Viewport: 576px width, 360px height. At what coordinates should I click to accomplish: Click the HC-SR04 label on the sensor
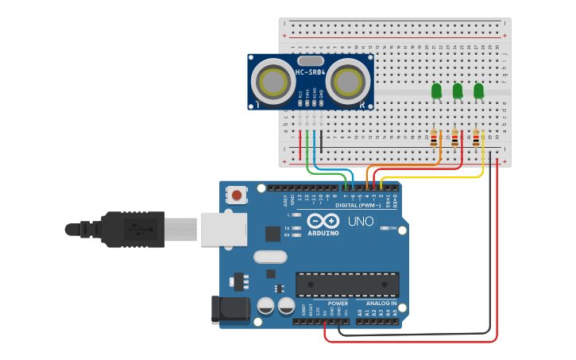(x=310, y=72)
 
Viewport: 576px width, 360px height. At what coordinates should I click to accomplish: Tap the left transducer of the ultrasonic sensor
(x=273, y=81)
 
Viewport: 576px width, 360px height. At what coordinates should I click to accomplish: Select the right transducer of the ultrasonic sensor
(x=348, y=81)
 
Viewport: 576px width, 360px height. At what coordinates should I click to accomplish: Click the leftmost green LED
(x=436, y=91)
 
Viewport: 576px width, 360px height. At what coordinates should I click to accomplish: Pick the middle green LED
(x=458, y=91)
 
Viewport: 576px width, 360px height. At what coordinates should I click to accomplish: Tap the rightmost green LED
(x=478, y=91)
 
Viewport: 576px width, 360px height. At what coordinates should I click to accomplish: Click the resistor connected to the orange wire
(x=434, y=138)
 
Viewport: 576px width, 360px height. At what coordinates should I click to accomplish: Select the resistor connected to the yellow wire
(x=476, y=138)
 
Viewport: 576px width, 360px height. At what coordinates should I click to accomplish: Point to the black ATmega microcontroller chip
(x=347, y=285)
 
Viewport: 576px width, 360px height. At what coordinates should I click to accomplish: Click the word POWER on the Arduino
(x=338, y=303)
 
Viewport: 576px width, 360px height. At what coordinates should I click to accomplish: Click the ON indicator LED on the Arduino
(x=384, y=228)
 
